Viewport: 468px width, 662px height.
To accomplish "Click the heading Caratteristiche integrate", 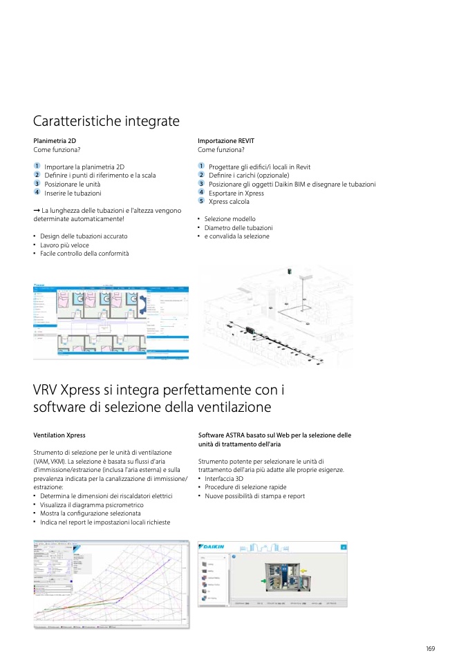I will (x=106, y=122).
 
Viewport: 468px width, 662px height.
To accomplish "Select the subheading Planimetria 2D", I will (x=55, y=141).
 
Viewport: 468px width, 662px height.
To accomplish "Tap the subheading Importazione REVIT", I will (x=226, y=141).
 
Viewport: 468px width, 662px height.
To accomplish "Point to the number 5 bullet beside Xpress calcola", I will (x=201, y=202).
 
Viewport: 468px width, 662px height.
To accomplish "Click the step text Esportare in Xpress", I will (x=236, y=193).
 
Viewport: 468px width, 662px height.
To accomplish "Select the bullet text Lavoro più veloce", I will (x=64, y=245).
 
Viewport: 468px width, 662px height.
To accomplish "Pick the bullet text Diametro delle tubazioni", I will (x=238, y=227).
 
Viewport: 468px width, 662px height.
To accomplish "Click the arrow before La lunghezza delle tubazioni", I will (x=37, y=210).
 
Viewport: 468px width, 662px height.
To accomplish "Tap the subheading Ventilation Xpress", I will (x=59, y=435).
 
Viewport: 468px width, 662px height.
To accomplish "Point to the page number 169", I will (x=430, y=648).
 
